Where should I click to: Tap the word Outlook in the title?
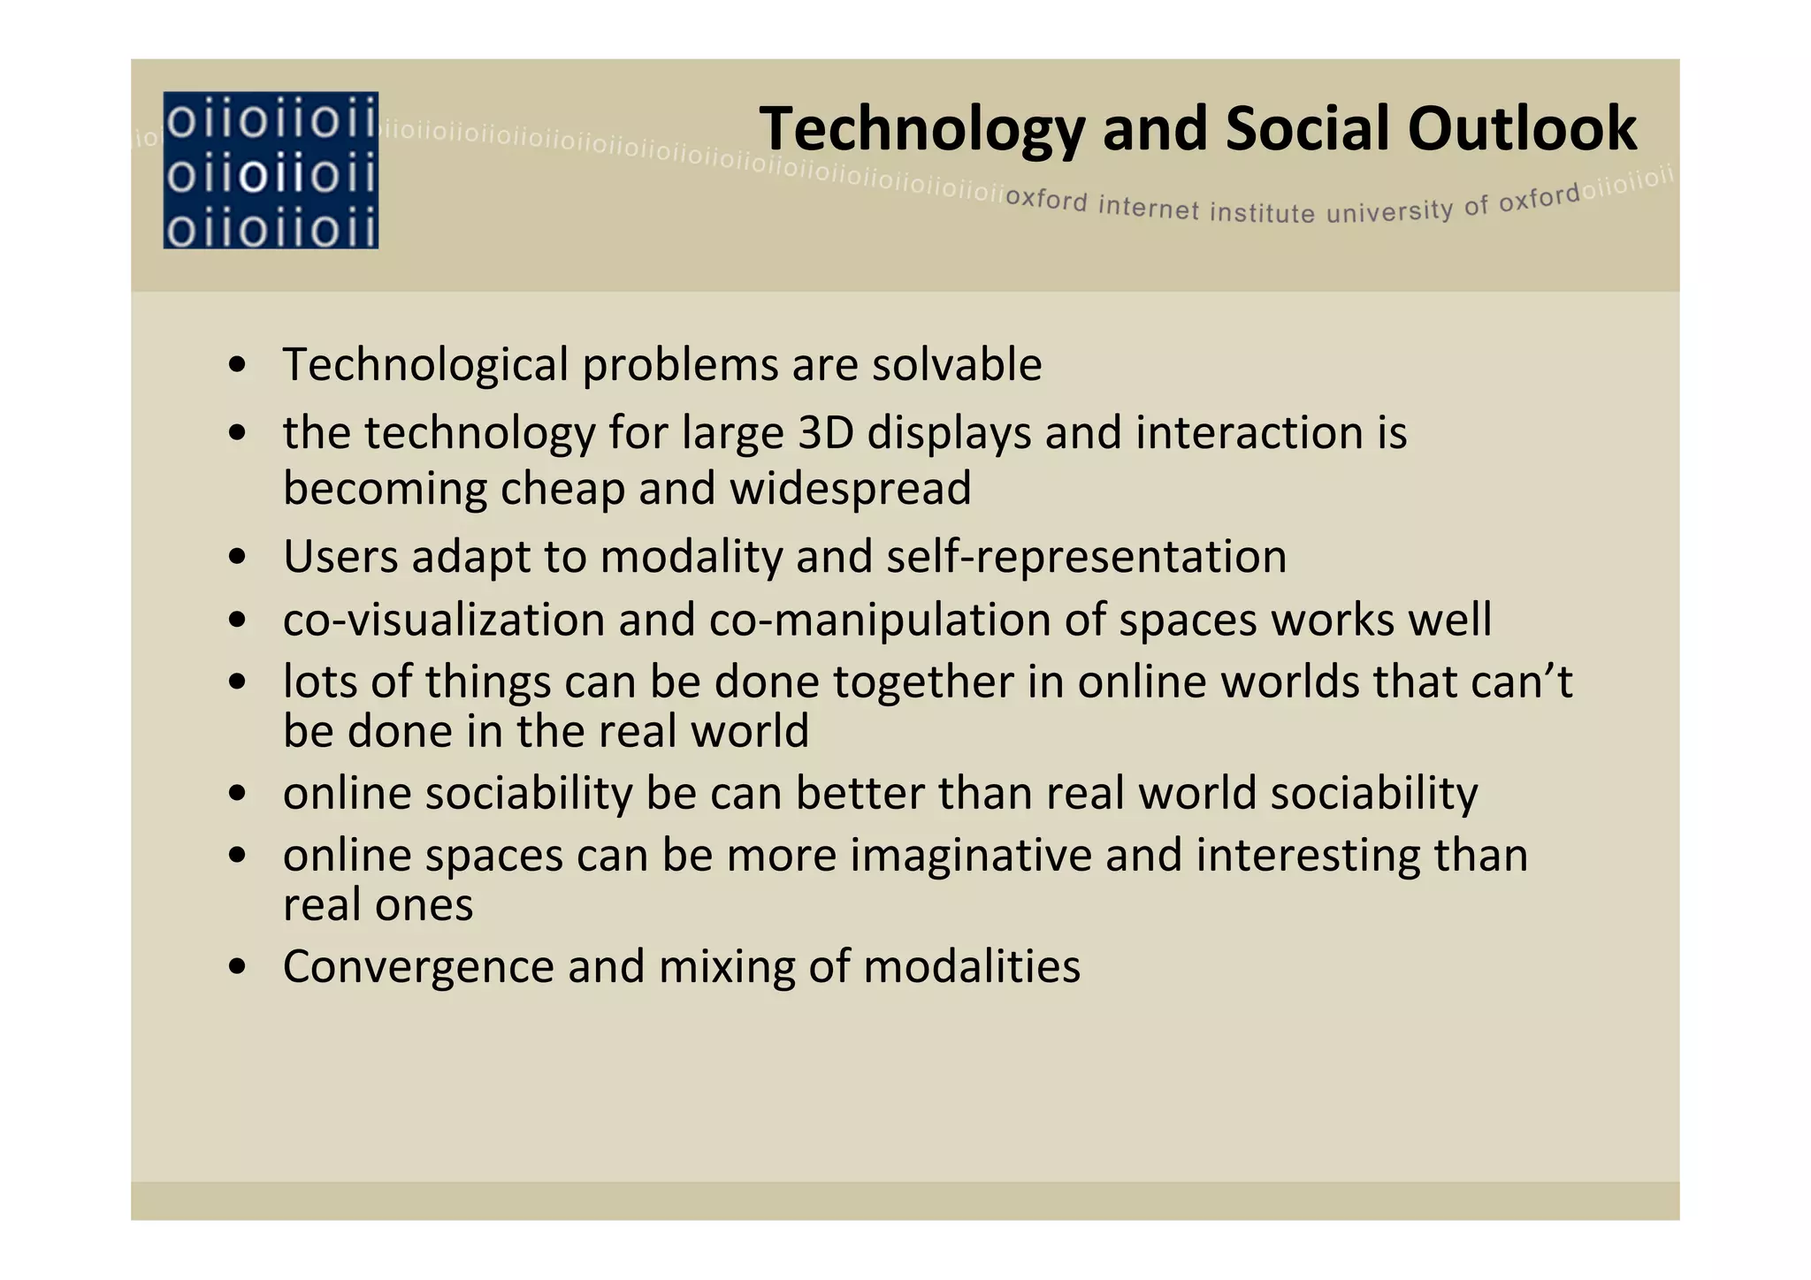tap(1522, 129)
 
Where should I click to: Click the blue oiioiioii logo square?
tap(271, 170)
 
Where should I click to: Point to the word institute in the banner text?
tap(1262, 213)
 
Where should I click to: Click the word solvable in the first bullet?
tap(957, 364)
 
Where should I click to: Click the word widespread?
tap(850, 489)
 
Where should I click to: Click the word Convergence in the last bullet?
tap(418, 966)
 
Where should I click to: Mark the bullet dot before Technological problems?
tap(236, 366)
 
